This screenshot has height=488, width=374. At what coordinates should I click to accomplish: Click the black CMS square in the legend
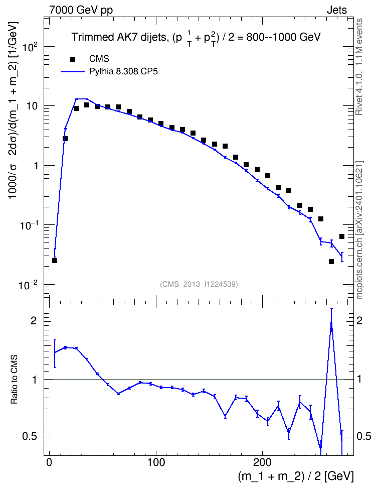pyautogui.click(x=73, y=59)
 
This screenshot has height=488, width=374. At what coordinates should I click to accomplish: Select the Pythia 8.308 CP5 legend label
pyautogui.click(x=123, y=72)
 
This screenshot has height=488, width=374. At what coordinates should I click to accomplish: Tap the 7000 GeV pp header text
pyautogui.click(x=81, y=10)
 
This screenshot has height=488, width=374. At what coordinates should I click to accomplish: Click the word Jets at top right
pyautogui.click(x=337, y=10)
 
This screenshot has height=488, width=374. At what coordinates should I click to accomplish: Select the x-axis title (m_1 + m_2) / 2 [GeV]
pyautogui.click(x=296, y=476)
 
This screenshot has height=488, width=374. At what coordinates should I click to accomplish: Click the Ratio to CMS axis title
pyautogui.click(x=14, y=380)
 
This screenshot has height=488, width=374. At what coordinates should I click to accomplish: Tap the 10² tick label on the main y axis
pyautogui.click(x=31, y=47)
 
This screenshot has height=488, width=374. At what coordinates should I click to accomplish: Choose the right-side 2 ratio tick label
pyautogui.click(x=359, y=321)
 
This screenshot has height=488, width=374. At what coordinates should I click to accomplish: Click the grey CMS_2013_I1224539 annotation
pyautogui.click(x=199, y=284)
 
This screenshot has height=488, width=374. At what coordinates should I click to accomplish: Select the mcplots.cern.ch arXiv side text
pyautogui.click(x=359, y=230)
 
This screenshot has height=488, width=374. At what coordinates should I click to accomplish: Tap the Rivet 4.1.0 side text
pyautogui.click(x=359, y=67)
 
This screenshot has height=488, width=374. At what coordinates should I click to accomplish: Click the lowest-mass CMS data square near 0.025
pyautogui.click(x=55, y=261)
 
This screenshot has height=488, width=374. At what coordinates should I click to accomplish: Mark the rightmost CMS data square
pyautogui.click(x=342, y=236)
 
